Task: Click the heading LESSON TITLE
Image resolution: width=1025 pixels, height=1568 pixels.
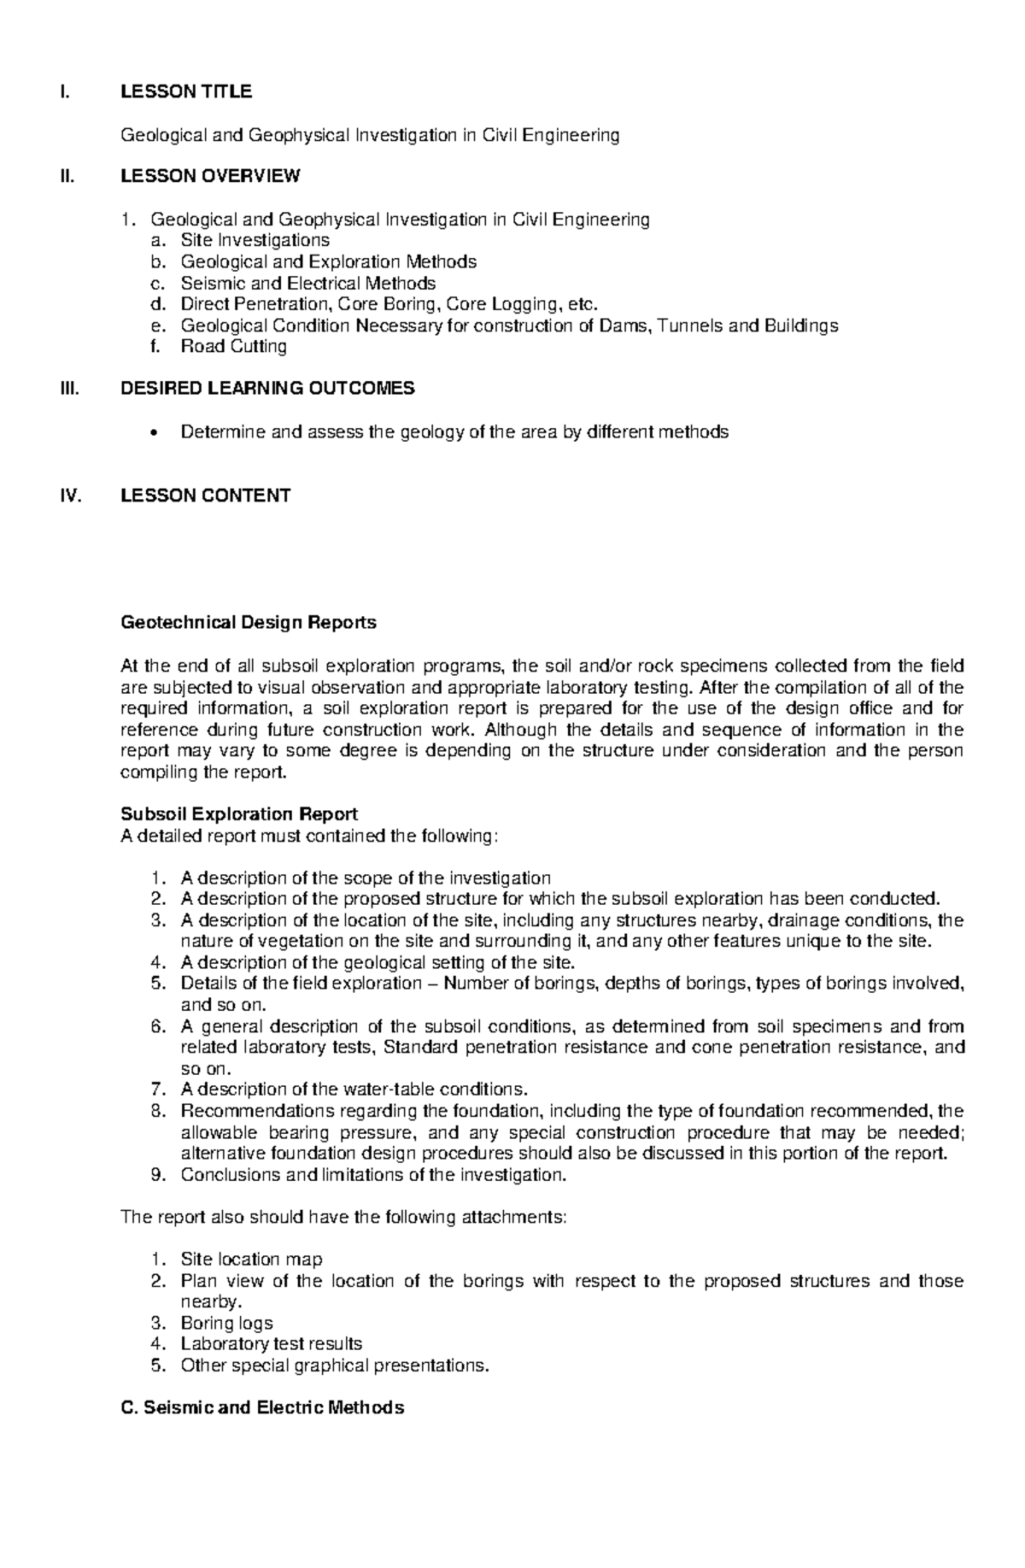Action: coord(185,91)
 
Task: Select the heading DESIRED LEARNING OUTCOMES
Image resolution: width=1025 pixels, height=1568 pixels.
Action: coord(267,389)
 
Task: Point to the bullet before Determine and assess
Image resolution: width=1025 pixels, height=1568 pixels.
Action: coord(153,433)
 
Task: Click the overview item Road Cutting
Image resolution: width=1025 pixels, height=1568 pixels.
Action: coord(233,346)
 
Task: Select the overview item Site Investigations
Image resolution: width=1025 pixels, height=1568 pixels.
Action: coord(255,241)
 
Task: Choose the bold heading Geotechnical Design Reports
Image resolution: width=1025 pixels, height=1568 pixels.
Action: coord(249,623)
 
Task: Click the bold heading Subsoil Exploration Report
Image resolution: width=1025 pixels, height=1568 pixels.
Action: coord(239,814)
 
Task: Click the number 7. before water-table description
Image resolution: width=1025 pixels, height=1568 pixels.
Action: coord(156,1089)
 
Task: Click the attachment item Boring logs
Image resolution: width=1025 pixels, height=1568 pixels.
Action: coord(226,1324)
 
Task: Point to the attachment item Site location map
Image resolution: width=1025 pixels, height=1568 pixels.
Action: coord(251,1260)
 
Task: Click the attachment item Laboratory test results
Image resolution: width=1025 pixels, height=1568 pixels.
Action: coord(271,1344)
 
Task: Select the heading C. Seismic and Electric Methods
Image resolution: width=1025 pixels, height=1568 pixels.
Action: coord(262,1408)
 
